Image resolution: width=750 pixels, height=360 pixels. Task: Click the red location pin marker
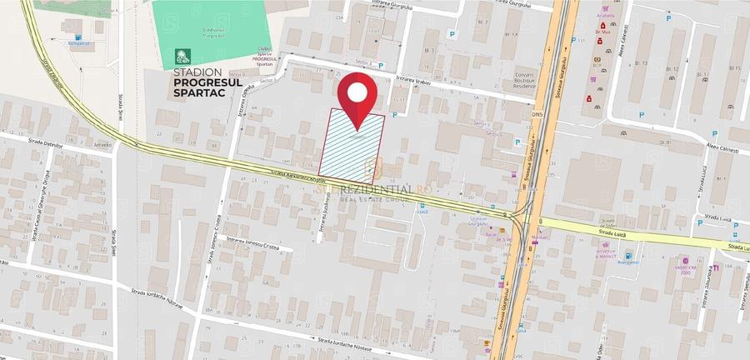[358, 94]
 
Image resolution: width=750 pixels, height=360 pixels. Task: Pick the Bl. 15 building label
[735, 67]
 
